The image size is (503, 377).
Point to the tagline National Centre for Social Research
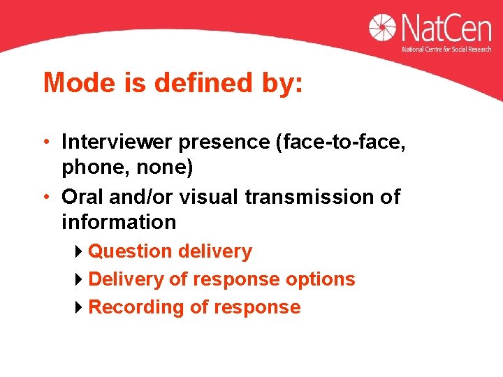coord(446,50)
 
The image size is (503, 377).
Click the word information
coord(119,223)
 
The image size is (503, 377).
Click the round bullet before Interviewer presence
coord(46,142)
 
